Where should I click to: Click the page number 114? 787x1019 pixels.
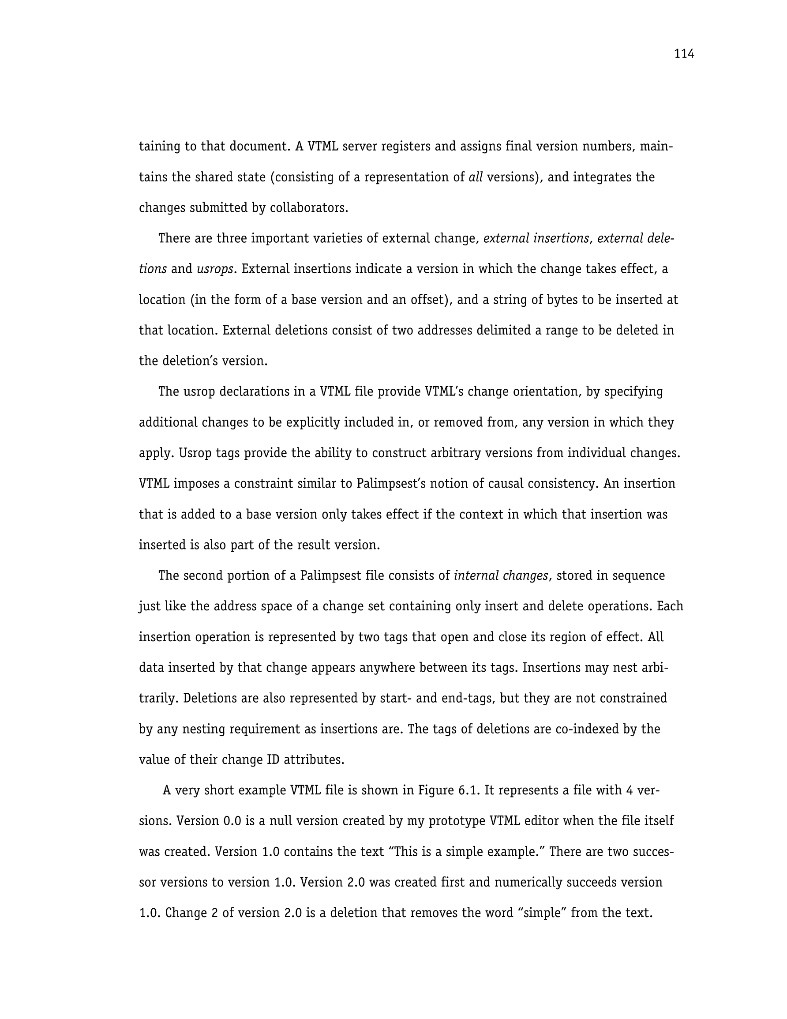click(684, 54)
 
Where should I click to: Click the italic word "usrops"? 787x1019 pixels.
click(214, 269)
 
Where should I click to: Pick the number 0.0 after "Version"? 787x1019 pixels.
click(232, 821)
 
